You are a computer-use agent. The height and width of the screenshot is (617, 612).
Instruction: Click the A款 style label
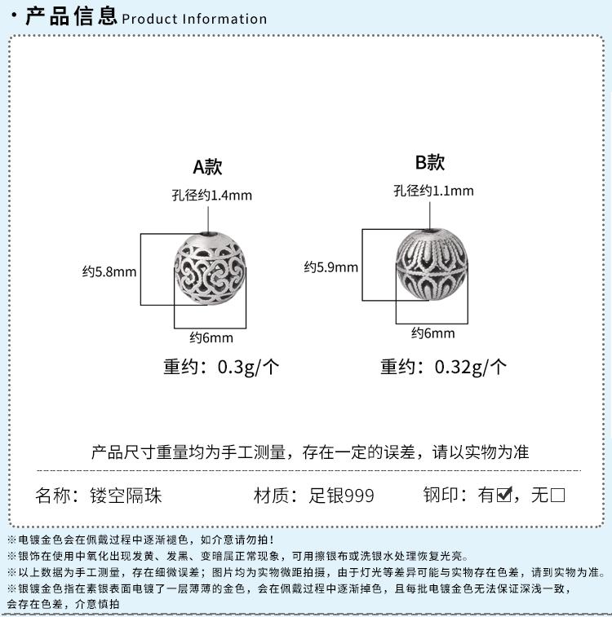pos(207,167)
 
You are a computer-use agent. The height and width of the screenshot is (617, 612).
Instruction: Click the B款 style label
pos(430,162)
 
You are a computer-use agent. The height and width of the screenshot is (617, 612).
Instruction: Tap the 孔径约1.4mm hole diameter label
pos(212,195)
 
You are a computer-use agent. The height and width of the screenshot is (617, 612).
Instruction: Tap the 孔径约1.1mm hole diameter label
pos(433,191)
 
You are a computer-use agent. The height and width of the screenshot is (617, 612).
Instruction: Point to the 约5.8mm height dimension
pos(109,271)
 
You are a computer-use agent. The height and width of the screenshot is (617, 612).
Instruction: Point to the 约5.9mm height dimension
pos(330,267)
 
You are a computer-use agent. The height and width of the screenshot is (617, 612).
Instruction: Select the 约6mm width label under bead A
pos(211,337)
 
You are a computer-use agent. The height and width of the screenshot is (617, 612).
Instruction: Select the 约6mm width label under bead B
pos(433,333)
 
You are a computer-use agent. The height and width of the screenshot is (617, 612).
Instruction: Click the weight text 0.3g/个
pos(249,367)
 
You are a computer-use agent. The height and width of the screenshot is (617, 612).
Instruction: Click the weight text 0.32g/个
pos(471,367)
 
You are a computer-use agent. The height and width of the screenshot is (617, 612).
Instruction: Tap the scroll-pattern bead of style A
pos(210,268)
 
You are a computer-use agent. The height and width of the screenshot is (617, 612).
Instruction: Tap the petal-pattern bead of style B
pos(432,264)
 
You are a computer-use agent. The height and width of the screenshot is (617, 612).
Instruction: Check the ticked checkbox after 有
pos(504,495)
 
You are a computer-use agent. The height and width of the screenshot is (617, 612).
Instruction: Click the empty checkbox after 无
pos(557,495)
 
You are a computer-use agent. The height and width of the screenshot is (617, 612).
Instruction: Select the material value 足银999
pos(341,496)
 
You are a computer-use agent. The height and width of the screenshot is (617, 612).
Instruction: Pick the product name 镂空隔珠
pos(126,496)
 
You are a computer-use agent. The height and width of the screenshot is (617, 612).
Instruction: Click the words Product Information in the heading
pos(194,19)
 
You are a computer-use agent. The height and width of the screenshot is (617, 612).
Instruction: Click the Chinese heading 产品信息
pos(71,16)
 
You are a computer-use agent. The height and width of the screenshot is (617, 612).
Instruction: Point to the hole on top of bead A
pos(209,234)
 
